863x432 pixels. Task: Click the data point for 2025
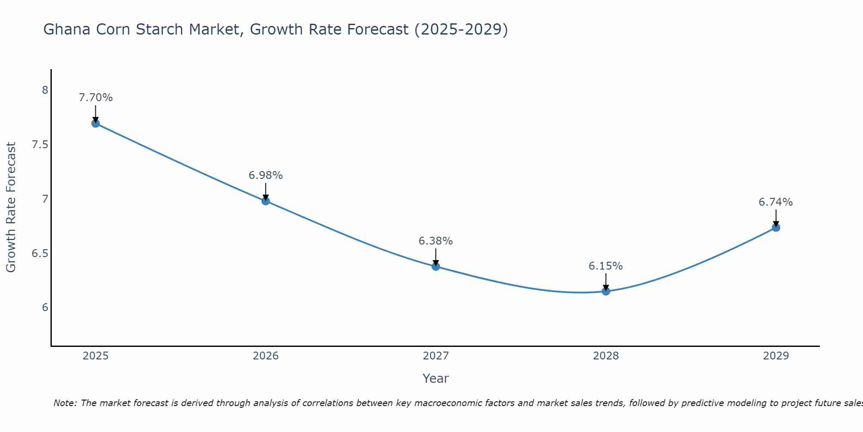tap(95, 124)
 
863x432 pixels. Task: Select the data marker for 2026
tap(265, 201)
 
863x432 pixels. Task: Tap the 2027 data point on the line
tap(436, 267)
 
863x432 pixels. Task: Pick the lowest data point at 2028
tap(606, 291)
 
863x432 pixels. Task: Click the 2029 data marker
tap(776, 228)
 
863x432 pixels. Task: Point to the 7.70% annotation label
tap(95, 98)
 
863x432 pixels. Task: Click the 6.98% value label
tap(265, 175)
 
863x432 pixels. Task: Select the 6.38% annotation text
tap(436, 241)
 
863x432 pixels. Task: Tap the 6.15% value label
tap(606, 266)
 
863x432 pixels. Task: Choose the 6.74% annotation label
tap(776, 202)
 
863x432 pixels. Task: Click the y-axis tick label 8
tap(45, 90)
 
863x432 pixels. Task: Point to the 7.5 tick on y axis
tap(40, 145)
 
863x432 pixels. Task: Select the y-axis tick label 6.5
tap(40, 253)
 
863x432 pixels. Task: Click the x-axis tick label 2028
tap(606, 356)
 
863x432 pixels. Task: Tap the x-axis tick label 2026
tap(265, 356)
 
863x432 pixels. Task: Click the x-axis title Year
tap(436, 378)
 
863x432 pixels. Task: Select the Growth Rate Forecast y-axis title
tap(11, 207)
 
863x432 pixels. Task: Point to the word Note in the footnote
tap(65, 403)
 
